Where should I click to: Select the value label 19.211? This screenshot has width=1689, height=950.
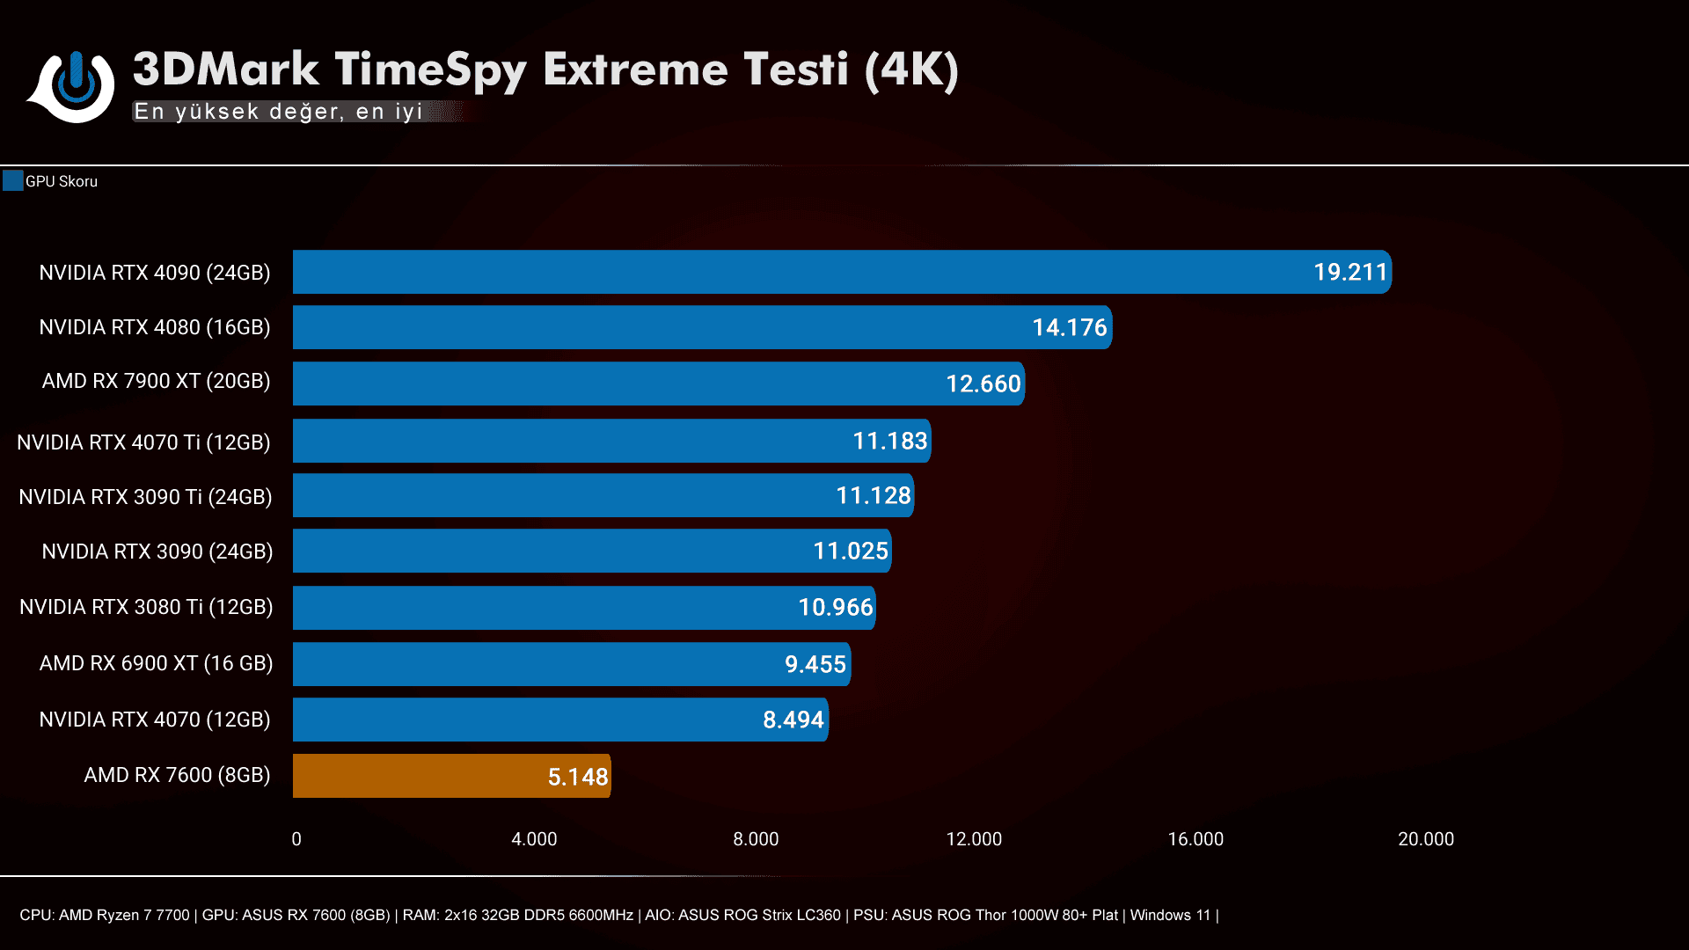[1350, 272]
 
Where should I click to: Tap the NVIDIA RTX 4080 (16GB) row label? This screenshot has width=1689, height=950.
[155, 327]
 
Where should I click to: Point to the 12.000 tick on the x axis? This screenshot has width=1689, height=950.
[974, 839]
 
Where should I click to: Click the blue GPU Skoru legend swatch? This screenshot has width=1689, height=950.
[12, 181]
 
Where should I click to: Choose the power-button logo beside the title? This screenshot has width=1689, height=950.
[76, 86]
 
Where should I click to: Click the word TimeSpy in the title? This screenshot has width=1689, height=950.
[430, 70]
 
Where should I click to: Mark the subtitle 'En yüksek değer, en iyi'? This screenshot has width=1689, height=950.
[279, 112]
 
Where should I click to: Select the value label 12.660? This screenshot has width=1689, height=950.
[983, 384]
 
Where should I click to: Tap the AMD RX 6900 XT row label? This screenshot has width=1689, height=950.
[156, 663]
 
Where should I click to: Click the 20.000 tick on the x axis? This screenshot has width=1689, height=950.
[1425, 839]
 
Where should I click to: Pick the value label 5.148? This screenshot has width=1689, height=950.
[578, 777]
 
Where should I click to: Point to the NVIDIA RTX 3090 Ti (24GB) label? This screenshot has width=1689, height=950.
[145, 497]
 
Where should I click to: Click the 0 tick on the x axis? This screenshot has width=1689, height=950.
[296, 839]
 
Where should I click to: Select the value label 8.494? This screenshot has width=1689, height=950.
[793, 720]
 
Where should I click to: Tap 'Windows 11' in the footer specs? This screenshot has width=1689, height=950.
[1170, 915]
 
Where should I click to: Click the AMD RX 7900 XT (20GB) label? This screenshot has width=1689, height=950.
[156, 381]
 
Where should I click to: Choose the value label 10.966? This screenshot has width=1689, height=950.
[835, 607]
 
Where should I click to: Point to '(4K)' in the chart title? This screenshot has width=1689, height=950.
[911, 70]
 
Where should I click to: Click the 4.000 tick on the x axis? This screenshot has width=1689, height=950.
[534, 839]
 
